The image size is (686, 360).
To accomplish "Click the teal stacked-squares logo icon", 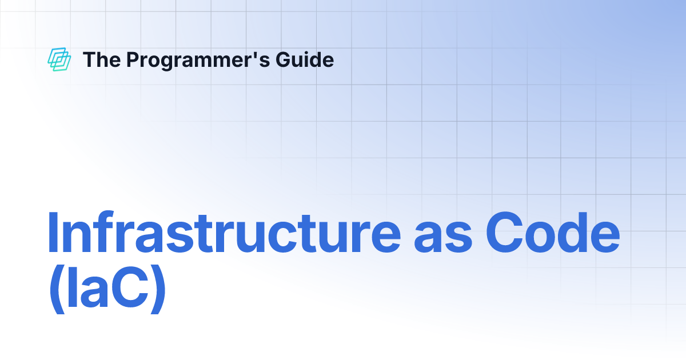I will [x=59, y=59].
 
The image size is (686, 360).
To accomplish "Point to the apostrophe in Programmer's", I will [x=255, y=54].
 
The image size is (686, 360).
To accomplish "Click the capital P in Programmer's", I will [x=131, y=59].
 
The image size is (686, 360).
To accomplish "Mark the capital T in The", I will [x=89, y=59].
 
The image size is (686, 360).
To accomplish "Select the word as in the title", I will [x=443, y=237].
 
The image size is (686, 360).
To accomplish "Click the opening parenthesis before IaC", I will [x=55, y=293].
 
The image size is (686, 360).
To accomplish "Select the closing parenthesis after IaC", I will [x=157, y=293].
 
